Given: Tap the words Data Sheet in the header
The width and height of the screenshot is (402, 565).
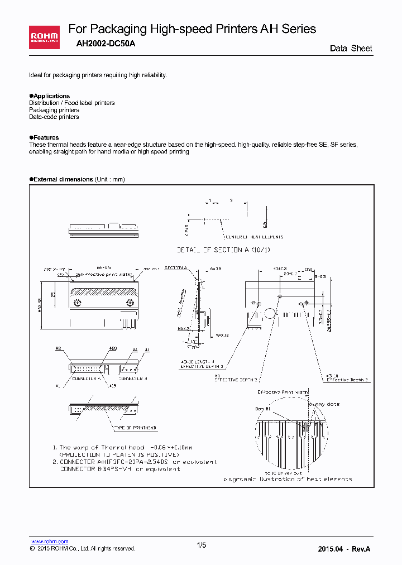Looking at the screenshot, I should point(351,49).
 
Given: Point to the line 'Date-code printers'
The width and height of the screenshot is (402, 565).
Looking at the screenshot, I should point(54,117).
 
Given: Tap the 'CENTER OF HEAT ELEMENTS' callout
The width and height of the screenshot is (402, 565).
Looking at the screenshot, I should point(255,237).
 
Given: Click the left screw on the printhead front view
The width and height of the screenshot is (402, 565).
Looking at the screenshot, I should point(78,303).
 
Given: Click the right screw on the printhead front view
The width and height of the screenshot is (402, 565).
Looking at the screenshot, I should point(130,303).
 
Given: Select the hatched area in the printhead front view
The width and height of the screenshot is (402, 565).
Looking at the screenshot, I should point(103,290).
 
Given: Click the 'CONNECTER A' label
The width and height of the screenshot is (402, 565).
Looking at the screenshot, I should point(87,379).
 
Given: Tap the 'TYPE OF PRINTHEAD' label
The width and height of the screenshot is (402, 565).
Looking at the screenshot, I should point(135,428).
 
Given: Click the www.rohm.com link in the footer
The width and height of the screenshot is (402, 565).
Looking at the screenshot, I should point(50,542).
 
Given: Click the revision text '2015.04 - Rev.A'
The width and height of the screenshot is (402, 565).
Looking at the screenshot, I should point(343,549).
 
